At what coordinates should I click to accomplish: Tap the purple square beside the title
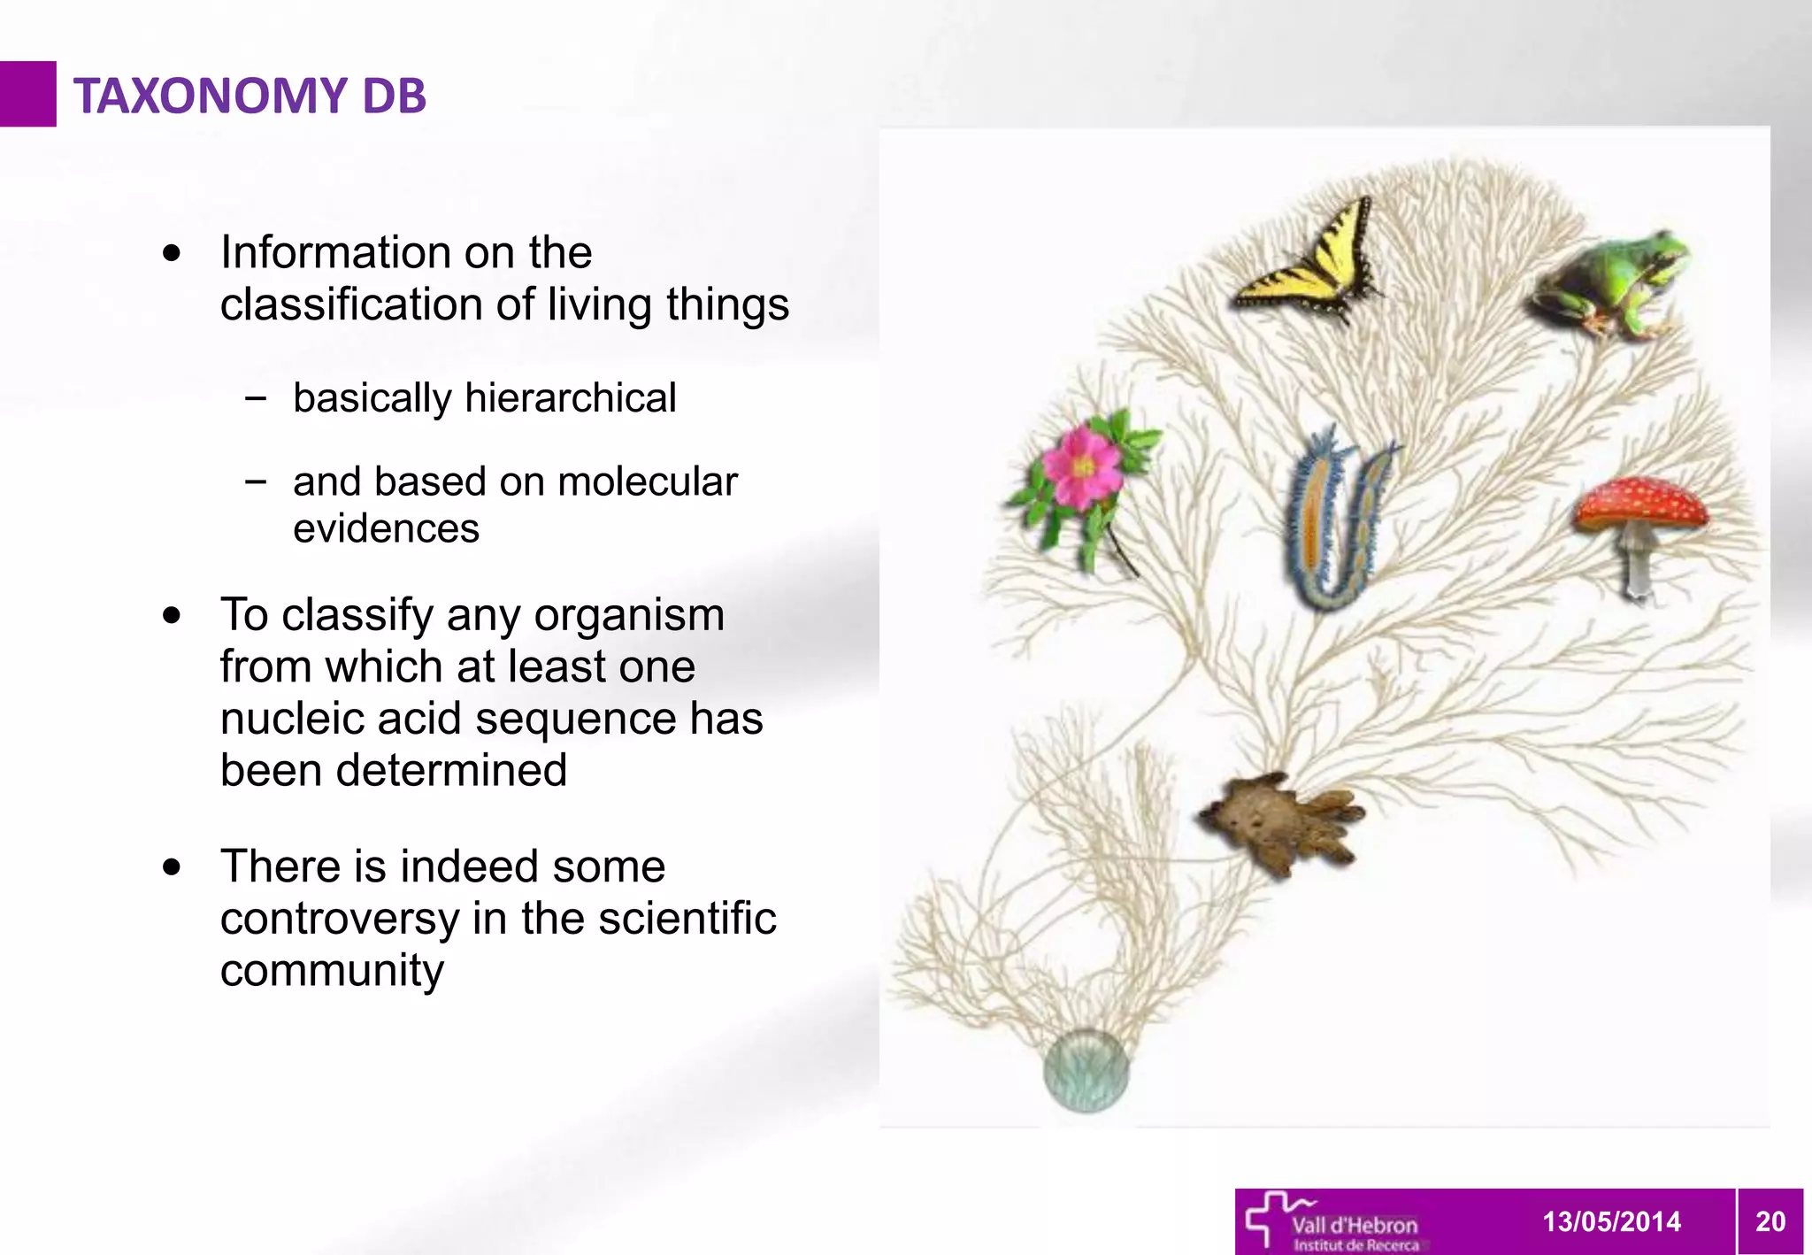(27, 94)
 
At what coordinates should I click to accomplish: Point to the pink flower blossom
(1082, 466)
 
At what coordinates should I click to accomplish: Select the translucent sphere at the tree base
(1086, 1071)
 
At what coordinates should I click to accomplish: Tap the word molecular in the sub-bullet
(648, 482)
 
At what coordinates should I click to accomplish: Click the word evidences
(386, 529)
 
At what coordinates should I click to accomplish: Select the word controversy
(340, 919)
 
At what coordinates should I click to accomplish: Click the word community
(332, 971)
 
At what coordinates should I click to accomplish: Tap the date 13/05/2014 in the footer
(1611, 1221)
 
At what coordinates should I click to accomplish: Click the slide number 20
(1770, 1221)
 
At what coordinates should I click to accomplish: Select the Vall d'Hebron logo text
(1354, 1226)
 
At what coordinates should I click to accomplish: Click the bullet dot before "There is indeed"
(173, 867)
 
